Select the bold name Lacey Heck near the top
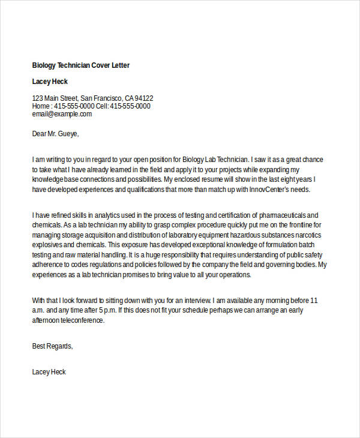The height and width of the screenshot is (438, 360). click(x=50, y=82)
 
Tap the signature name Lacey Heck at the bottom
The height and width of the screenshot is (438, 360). click(x=49, y=372)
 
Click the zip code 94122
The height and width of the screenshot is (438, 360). click(x=144, y=98)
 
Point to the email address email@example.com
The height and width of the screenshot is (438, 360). click(x=62, y=114)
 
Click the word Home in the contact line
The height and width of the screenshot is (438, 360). click(x=41, y=106)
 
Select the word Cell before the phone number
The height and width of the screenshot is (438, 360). click(x=103, y=106)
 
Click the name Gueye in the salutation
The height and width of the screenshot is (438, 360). click(x=67, y=133)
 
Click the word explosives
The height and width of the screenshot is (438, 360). click(x=49, y=245)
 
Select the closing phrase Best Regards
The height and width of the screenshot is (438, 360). click(x=52, y=346)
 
